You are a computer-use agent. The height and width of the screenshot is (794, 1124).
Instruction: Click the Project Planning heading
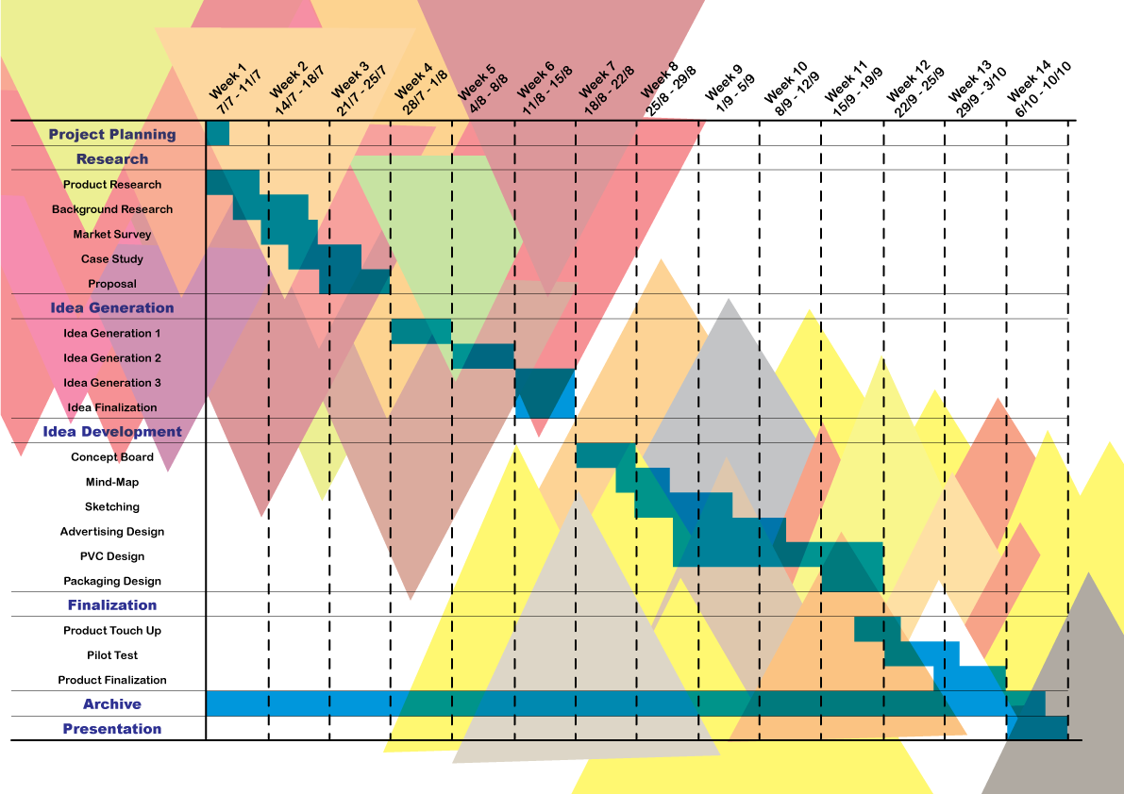point(112,135)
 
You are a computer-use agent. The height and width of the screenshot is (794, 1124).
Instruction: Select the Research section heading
point(112,159)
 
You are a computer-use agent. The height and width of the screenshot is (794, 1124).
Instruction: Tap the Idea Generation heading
point(112,307)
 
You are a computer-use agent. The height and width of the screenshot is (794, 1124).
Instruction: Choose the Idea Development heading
point(112,432)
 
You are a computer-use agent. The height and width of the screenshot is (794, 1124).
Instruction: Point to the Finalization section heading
point(112,605)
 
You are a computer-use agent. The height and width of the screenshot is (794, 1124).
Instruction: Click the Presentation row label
point(112,729)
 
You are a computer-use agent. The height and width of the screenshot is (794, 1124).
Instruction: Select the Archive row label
point(112,704)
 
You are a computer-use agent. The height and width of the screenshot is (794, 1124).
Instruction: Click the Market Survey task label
point(112,234)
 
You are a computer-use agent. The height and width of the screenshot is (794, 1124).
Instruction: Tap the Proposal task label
point(112,284)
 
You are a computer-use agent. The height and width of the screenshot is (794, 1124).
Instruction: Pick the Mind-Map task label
point(112,482)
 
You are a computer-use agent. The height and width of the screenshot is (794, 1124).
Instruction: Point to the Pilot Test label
point(112,655)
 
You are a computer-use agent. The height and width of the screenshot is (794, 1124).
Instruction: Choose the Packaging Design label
point(112,581)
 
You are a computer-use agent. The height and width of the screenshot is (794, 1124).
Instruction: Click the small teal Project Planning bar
point(218,134)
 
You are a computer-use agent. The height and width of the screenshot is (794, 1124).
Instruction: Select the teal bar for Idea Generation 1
point(421,332)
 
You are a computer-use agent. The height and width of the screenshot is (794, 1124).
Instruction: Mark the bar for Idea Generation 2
point(483,356)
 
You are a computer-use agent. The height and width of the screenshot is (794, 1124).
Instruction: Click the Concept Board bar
point(606,455)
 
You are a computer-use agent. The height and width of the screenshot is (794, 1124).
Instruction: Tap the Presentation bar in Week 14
point(1037,728)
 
